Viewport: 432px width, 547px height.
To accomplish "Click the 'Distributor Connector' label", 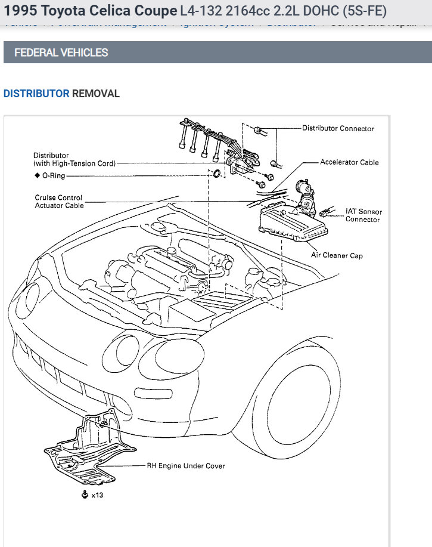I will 338,128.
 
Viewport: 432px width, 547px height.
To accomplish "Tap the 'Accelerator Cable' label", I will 349,162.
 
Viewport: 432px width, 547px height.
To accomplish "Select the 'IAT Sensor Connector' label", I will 363,215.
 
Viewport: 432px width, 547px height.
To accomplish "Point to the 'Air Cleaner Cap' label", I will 337,255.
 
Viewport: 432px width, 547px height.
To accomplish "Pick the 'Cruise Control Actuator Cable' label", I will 59,202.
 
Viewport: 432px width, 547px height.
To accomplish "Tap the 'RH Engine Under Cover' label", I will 186,466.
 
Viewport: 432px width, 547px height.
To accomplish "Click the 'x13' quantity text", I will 97,495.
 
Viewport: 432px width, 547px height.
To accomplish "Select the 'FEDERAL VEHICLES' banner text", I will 61,52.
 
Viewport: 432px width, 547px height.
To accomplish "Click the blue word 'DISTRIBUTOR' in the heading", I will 36,94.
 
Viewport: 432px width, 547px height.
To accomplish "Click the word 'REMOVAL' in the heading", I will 96,94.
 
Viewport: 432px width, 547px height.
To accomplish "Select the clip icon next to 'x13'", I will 85,494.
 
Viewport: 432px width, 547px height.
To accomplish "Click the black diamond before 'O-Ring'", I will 37,176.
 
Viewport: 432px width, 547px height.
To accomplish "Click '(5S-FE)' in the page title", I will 360,11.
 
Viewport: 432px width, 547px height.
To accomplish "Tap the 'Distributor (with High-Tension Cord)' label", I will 74,159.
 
